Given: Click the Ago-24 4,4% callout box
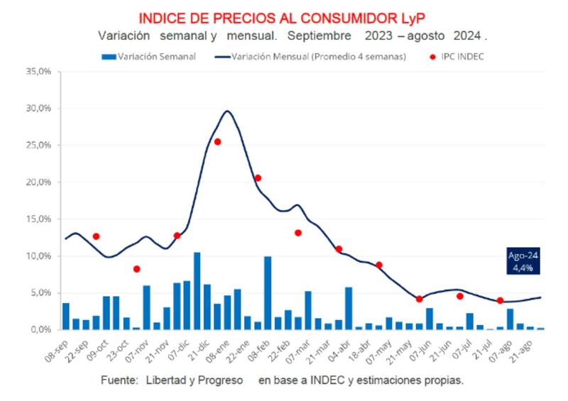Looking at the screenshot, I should pos(524,262).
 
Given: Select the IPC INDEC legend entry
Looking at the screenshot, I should pos(459,57).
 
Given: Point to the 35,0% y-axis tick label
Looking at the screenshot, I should pos(39,72).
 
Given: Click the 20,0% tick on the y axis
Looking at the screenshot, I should pos(39,182).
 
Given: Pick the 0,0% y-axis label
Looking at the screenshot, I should pos(41,330).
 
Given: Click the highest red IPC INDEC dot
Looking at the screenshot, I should pos(217,142).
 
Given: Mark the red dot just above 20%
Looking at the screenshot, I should pos(258,178).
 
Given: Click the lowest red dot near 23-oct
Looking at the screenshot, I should pos(136,269).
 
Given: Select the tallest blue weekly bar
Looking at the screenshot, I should pos(197,291).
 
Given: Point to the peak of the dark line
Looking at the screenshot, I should pos(227,111).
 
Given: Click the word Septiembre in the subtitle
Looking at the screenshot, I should pos(320,35).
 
